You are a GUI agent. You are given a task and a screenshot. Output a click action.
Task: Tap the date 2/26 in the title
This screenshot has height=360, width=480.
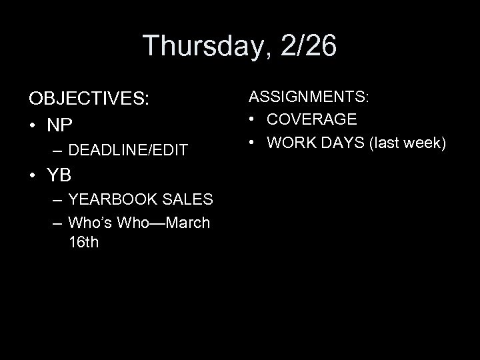click(309, 46)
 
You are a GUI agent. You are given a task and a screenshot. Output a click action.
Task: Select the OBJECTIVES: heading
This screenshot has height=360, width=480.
click(89, 99)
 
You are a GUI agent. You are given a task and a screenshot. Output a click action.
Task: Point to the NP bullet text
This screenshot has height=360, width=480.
click(59, 125)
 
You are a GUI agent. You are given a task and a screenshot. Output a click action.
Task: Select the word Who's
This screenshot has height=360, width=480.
click(90, 222)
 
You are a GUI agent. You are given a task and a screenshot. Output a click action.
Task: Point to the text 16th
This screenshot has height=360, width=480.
click(83, 241)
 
